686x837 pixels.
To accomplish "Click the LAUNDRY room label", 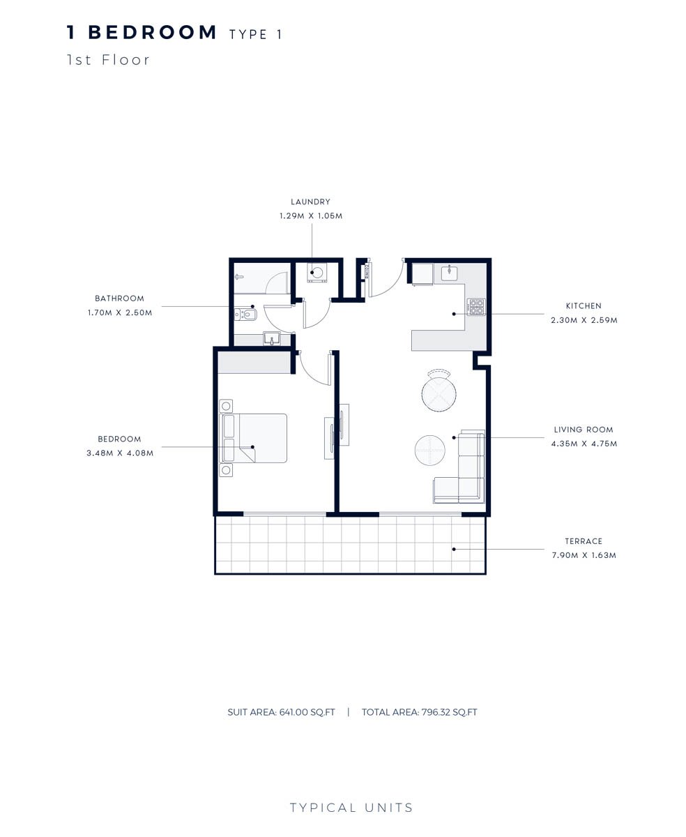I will coord(310,202).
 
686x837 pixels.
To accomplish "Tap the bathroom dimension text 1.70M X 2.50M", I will coord(120,313).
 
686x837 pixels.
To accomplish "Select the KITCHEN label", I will coord(584,306).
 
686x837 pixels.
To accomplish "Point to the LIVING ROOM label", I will coord(584,430).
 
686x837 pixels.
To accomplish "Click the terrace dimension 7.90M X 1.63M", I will coord(584,556).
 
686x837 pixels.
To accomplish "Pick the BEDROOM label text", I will coord(119,439).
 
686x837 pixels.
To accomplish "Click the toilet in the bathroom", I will coord(245,315).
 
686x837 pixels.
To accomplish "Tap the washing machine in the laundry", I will coord(317,272).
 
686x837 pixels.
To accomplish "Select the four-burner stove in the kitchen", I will coord(476,307).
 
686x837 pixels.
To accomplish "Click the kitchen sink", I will coord(450,272).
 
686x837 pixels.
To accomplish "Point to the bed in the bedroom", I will coord(254,438).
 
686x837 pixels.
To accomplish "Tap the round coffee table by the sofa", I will coord(429,450).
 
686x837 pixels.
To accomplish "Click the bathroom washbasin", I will coord(271,339).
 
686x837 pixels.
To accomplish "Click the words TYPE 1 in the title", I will coord(255,34).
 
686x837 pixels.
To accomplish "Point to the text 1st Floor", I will coord(108,60).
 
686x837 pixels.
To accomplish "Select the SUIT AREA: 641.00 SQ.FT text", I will coord(281,712).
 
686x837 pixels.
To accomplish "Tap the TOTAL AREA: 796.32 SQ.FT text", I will coord(419,712).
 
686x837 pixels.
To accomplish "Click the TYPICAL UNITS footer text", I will coord(351,808).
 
